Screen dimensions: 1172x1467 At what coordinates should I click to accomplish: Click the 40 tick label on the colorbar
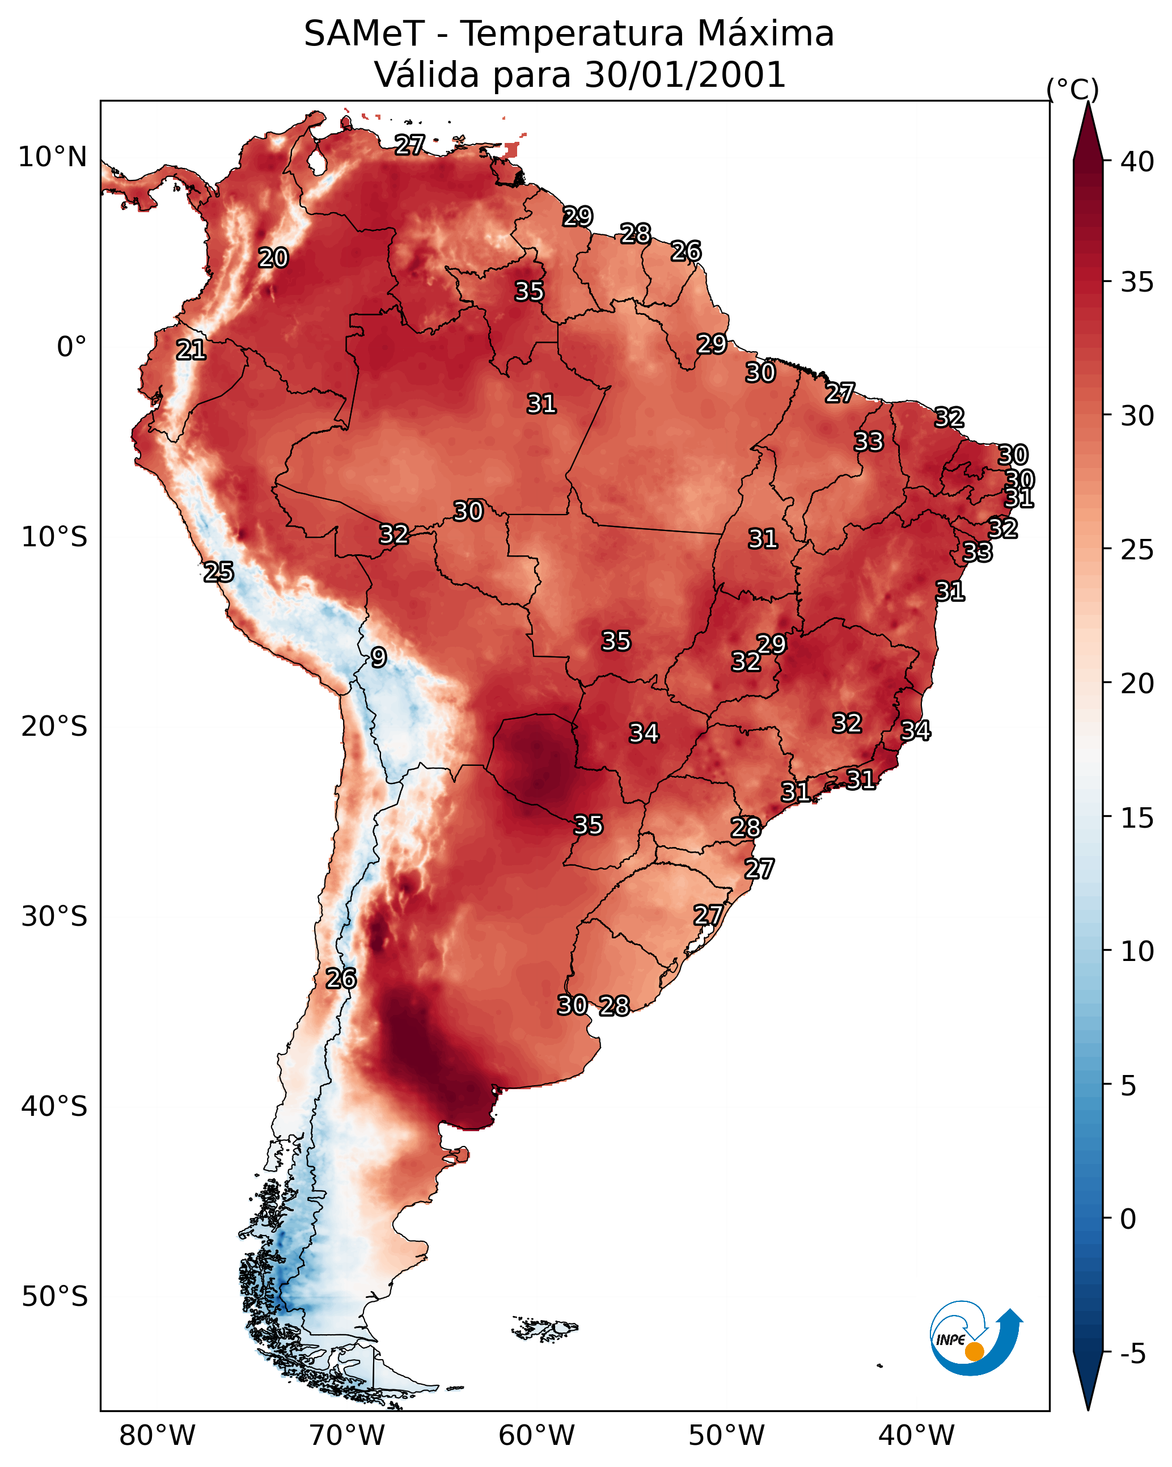pos(1137,162)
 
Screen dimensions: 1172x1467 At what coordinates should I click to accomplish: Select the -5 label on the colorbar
pos(1133,1354)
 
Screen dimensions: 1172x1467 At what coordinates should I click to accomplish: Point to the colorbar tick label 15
pos(1137,818)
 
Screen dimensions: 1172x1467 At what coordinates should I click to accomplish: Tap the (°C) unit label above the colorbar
pos(1073,89)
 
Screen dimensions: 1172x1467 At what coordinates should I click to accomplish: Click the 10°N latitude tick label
pos(52,157)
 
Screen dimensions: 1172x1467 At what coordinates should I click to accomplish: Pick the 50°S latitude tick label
pos(54,1297)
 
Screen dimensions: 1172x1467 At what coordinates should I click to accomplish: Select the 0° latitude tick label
pos(72,347)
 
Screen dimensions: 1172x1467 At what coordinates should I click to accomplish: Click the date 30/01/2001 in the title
pos(686,75)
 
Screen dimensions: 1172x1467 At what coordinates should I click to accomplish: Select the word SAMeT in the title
pos(365,34)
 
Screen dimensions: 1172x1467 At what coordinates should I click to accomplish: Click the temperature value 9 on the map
pos(379,657)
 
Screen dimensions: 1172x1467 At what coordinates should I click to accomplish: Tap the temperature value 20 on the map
pos(273,258)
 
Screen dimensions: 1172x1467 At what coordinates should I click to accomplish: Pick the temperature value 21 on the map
pos(191,351)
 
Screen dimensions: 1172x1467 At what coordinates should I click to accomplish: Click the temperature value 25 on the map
pos(219,572)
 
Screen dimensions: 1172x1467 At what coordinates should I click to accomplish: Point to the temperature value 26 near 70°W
pos(341,979)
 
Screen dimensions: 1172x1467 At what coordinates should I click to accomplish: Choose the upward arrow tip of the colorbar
pos(1088,102)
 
